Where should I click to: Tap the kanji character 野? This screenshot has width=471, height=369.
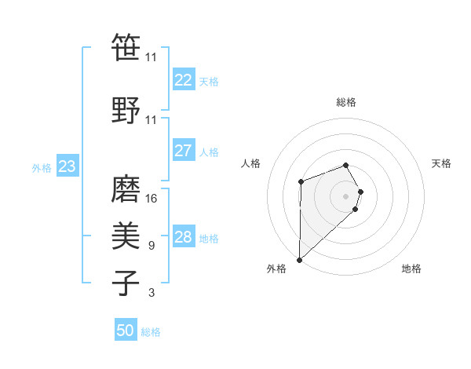tap(126, 110)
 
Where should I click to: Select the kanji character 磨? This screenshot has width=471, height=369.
tap(126, 188)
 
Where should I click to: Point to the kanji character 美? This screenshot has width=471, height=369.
tap(126, 236)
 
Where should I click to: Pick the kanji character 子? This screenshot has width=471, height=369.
tap(126, 283)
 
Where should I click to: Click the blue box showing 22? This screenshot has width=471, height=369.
tap(183, 80)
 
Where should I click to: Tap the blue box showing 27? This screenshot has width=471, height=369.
tap(183, 151)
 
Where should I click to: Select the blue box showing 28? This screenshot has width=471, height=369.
tap(183, 237)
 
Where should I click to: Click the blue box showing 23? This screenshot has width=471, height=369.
tap(67, 166)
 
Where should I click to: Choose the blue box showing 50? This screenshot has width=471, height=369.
tap(126, 331)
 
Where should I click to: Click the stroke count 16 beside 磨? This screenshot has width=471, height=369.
tap(152, 199)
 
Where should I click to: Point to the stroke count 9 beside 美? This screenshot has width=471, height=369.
tap(152, 246)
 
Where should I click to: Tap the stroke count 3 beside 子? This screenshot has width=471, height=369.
tap(152, 293)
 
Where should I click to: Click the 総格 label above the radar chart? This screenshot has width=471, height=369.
tap(346, 102)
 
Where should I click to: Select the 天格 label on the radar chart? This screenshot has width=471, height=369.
tap(442, 163)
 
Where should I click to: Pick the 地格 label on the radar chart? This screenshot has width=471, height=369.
tap(411, 269)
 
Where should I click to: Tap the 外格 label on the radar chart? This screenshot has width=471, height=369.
tap(276, 269)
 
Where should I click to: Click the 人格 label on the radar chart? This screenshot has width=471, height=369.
tap(251, 163)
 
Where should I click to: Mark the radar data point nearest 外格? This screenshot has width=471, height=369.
tap(299, 259)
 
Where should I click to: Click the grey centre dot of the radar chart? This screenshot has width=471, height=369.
tap(346, 195)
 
